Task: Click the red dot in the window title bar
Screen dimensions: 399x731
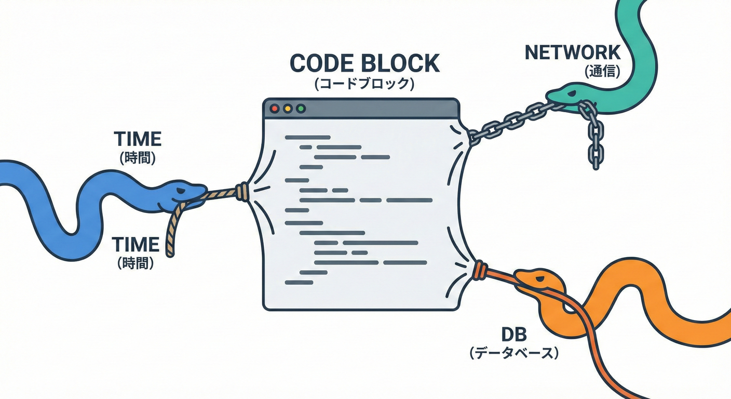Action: [x=275, y=109]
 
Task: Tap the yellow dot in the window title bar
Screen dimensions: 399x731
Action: [x=287, y=109]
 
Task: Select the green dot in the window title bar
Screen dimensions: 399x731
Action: [x=300, y=109]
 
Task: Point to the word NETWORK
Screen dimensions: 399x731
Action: [x=573, y=52]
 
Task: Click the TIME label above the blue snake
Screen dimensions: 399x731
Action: [x=138, y=139]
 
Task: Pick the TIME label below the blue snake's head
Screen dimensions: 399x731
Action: [x=136, y=244]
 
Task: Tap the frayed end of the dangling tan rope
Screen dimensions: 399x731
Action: [x=169, y=252]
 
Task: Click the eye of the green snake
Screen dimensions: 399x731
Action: [x=570, y=93]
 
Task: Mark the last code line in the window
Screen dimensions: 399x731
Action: [x=299, y=282]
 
